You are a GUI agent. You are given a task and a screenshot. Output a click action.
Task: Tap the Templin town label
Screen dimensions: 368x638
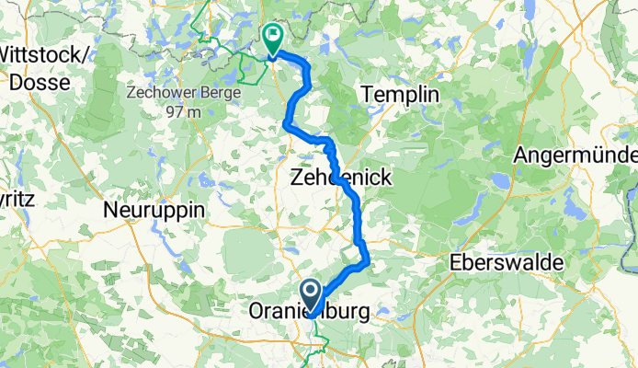tap(400, 95)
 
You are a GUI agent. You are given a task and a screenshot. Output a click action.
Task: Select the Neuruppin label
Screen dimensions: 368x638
tap(154, 211)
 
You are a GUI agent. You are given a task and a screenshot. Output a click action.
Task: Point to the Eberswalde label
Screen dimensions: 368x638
tap(506, 264)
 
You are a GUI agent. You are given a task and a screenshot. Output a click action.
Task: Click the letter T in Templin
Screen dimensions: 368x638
tap(370, 95)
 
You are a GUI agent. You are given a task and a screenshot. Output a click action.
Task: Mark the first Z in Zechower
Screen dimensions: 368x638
tap(129, 94)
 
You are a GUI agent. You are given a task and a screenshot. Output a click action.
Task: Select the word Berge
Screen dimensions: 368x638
tap(222, 94)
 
